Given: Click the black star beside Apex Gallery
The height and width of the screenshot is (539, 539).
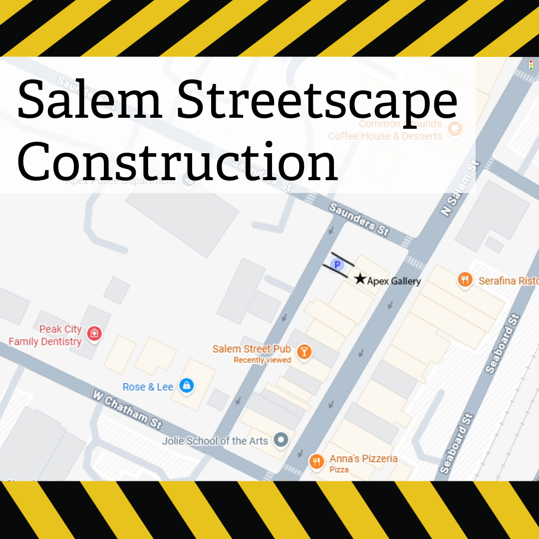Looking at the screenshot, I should pyautogui.click(x=360, y=279).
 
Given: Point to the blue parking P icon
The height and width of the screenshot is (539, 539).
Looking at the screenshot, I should pyautogui.click(x=337, y=265).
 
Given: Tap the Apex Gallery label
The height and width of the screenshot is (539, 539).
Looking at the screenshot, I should pyautogui.click(x=394, y=281).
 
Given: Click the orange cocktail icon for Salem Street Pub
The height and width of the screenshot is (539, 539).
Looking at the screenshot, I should pyautogui.click(x=304, y=352).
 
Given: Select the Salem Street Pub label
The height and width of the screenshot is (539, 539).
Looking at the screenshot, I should pyautogui.click(x=252, y=349).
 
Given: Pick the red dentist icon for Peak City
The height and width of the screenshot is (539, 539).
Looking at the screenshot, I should pyautogui.click(x=94, y=333).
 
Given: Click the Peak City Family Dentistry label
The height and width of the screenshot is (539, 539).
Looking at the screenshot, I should pyautogui.click(x=45, y=335).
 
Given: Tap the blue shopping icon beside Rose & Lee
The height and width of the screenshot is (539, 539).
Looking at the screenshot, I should pyautogui.click(x=187, y=385).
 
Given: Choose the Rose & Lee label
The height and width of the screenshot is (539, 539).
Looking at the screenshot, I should pyautogui.click(x=148, y=387).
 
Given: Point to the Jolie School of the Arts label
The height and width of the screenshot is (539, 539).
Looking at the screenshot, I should pyautogui.click(x=215, y=441).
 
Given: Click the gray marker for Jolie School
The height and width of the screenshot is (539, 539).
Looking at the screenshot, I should pyautogui.click(x=282, y=440).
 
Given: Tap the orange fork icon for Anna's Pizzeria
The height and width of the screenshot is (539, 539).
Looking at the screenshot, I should pyautogui.click(x=316, y=462).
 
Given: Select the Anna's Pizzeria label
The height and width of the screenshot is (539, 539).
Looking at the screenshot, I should pyautogui.click(x=363, y=459).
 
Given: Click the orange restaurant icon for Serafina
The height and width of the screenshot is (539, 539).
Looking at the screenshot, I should pyautogui.click(x=465, y=280).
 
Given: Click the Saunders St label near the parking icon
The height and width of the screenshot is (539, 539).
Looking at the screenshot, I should pyautogui.click(x=358, y=220).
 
